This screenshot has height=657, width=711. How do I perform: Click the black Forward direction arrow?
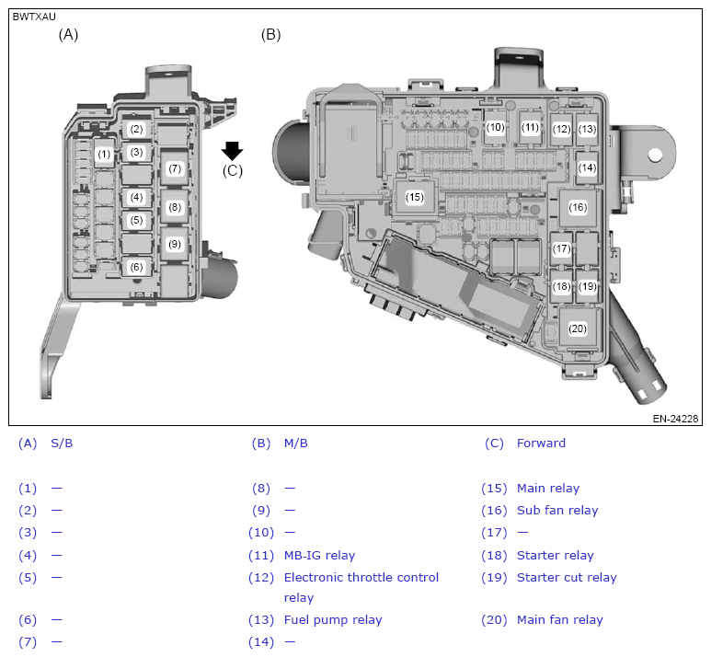[x=233, y=151]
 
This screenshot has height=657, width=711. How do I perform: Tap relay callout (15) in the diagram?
[x=415, y=197]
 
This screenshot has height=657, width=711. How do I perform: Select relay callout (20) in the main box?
[x=578, y=328]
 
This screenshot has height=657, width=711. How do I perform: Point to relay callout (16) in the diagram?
[x=578, y=207]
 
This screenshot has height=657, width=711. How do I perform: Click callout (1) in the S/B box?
[x=104, y=154]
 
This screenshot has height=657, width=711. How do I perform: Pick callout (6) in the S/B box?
[x=136, y=267]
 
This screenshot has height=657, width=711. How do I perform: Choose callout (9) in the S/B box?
[x=175, y=244]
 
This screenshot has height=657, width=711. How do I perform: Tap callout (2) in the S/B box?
[x=136, y=130]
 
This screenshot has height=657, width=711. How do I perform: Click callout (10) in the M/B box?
[x=496, y=128]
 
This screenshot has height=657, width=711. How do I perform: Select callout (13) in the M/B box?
[x=587, y=130]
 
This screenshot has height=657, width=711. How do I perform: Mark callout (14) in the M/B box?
[x=587, y=168]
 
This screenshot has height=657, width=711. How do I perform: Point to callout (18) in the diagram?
[x=562, y=286]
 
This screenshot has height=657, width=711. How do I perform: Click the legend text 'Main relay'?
[x=548, y=489]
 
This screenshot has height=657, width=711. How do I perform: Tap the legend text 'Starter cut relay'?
[x=567, y=578]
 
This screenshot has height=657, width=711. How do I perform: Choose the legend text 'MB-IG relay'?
[x=319, y=556]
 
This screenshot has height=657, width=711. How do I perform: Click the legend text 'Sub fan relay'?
[x=557, y=511]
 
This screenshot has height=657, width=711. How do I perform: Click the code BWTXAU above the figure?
[x=33, y=17]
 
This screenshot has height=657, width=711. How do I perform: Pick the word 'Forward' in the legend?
[x=541, y=444]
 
